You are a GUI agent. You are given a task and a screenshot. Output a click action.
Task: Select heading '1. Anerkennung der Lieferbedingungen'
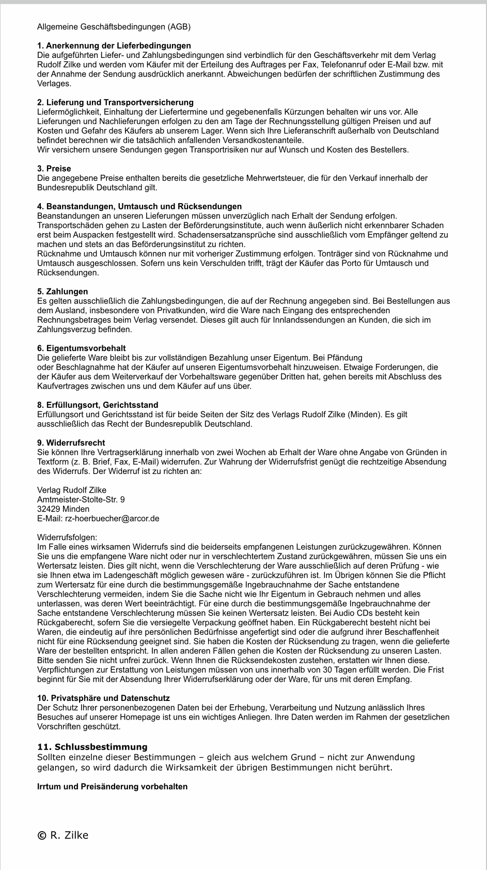click(x=114, y=45)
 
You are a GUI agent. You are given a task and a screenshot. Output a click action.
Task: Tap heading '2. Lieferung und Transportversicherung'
click(x=115, y=102)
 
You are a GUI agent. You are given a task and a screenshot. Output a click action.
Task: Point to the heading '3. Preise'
click(x=54, y=169)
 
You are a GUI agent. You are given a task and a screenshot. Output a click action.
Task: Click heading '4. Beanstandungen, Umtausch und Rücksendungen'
click(x=139, y=206)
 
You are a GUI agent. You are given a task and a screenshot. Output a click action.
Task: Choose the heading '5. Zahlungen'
click(x=62, y=292)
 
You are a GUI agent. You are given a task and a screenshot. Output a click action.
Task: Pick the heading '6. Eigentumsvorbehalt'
click(x=81, y=348)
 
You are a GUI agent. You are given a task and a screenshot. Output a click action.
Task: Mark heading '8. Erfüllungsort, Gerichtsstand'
click(x=98, y=405)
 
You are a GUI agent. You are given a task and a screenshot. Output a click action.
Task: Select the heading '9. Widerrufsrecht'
click(x=71, y=442)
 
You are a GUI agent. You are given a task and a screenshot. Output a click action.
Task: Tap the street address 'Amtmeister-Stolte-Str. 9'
click(x=81, y=499)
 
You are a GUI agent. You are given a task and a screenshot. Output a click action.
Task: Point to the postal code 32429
click(x=48, y=509)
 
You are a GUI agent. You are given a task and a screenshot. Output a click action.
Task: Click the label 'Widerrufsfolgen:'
click(x=67, y=538)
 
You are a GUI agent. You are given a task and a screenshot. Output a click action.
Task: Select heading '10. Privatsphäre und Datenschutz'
click(x=103, y=698)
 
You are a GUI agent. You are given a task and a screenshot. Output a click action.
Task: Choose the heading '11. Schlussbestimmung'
click(x=92, y=747)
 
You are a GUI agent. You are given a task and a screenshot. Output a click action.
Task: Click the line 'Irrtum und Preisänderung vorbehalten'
click(x=112, y=786)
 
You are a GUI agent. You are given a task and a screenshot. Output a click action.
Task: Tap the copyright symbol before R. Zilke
click(x=41, y=835)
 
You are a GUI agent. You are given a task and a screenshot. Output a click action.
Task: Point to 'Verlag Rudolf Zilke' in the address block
click(x=72, y=490)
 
